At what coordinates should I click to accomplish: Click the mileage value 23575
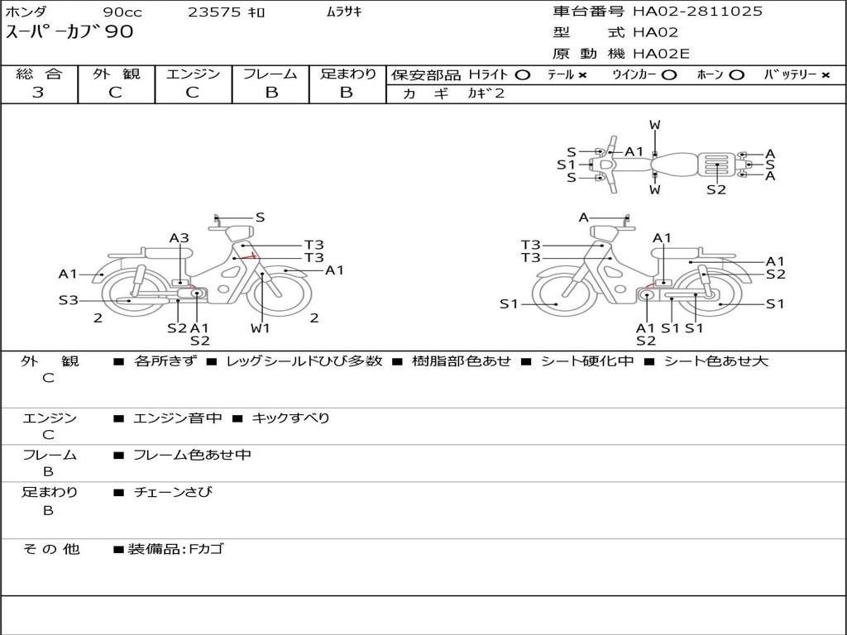pos(214,12)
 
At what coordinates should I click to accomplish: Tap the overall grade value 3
pos(38,93)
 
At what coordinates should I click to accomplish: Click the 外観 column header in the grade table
pos(116,74)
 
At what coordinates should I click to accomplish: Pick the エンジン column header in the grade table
pos(193,74)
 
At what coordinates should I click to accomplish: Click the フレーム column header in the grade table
pos(270,74)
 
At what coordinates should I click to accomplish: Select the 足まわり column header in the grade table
pos(347,74)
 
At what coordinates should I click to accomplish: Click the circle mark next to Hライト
pos(522,75)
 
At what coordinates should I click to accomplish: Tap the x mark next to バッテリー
pos(825,75)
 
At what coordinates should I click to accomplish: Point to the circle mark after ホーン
pos(736,75)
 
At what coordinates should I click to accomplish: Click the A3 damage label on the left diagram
pos(179,238)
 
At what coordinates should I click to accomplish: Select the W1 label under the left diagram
pos(261,328)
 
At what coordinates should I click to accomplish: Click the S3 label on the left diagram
pos(68,300)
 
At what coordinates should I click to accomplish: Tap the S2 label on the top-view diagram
pos(716,189)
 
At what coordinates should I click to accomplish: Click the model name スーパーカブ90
pos(69,33)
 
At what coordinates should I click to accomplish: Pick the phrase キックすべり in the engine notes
pos(290,418)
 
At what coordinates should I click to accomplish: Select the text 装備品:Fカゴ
pos(175,549)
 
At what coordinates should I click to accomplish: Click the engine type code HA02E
pos(661,55)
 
